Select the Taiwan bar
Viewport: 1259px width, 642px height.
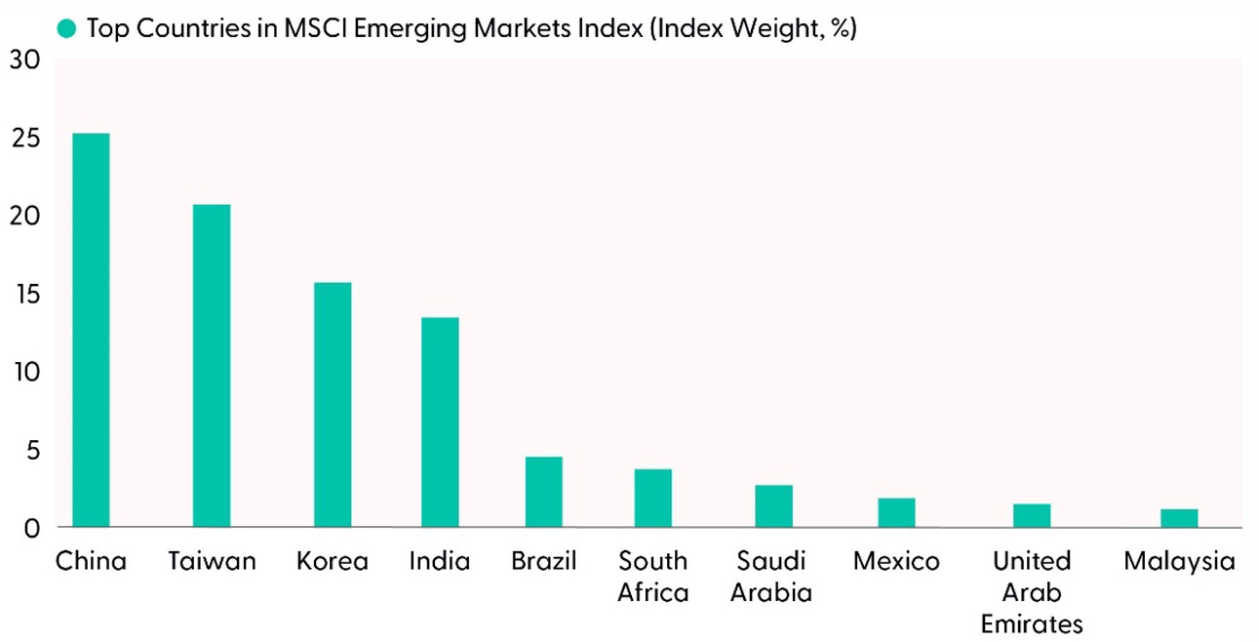212,366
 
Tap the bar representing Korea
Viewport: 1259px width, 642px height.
333,405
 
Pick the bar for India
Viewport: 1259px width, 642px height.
440,422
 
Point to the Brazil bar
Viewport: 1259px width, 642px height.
544,492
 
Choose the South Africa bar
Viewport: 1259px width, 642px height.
653,498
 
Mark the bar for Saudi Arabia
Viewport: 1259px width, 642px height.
773,505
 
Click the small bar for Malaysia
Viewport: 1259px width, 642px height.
1179,518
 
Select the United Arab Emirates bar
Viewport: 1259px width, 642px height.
1032,515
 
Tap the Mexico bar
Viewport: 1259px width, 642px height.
896,512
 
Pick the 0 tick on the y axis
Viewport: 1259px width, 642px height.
31,529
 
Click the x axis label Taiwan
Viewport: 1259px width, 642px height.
212,562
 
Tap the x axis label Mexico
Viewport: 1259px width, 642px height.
896,562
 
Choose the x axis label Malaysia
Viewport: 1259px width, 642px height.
1179,562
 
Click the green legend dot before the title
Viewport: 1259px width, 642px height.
66,28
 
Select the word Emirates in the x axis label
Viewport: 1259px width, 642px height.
1032,623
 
